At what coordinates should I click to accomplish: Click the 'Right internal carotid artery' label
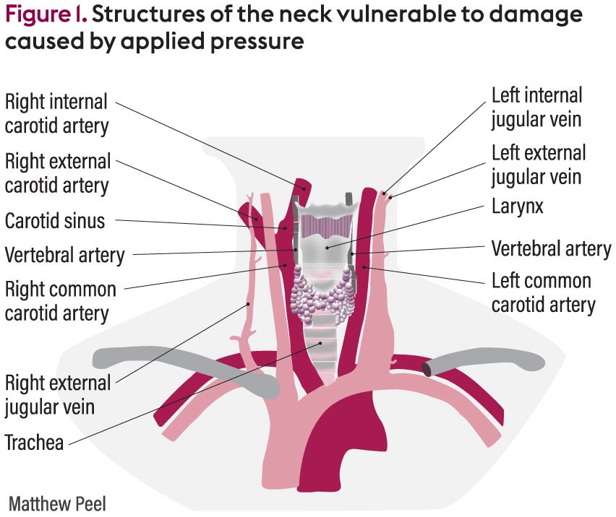56,113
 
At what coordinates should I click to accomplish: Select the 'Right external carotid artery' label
57,173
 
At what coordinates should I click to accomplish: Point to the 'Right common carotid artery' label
60,301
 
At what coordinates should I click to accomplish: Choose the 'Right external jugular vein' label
57,394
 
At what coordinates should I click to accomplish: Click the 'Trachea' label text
34,441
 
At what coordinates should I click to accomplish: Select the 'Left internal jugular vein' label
536,106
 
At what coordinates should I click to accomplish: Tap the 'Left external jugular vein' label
539,164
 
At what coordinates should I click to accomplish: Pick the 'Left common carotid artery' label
542,292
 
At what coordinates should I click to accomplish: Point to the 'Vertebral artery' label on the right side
551,249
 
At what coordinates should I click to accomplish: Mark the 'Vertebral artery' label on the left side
64,255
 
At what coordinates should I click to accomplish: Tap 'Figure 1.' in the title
43,15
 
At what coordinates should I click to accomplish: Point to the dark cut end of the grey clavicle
429,369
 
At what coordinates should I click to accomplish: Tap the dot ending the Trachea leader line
319,344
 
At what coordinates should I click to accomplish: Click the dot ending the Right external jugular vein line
249,304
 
